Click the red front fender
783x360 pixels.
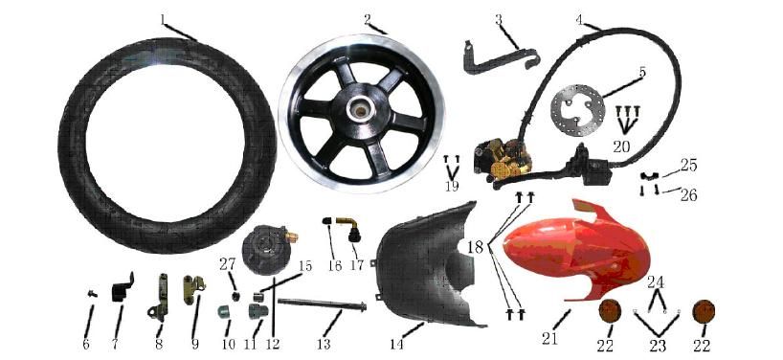574,250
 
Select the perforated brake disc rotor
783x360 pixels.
578,110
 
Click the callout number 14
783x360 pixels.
397,343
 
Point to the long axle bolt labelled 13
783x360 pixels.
322,304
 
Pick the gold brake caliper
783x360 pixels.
503,159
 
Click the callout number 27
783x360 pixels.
227,264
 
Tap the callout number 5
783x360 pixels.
641,72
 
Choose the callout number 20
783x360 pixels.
622,146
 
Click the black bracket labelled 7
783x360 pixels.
121,288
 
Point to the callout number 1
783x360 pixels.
163,19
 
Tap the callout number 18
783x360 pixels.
476,247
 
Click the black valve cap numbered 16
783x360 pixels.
329,220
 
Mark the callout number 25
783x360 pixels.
688,165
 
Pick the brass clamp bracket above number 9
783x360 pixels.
193,288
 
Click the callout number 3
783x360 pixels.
499,19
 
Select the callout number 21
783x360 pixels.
549,339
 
